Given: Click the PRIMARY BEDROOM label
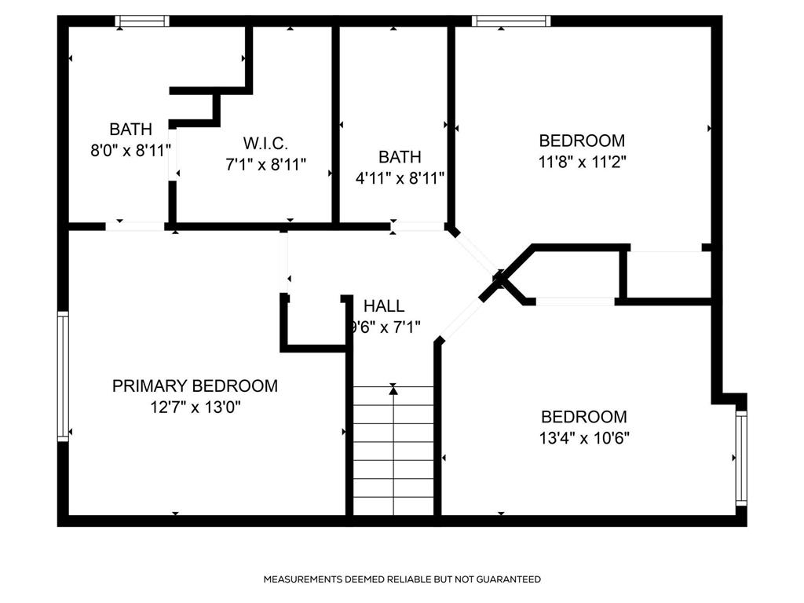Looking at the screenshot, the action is (x=195, y=386).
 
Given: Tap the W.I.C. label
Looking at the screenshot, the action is (x=265, y=143).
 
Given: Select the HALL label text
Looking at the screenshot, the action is (x=384, y=305).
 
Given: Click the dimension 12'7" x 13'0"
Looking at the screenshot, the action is (x=196, y=407).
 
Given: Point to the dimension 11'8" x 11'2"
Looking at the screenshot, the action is (x=582, y=162).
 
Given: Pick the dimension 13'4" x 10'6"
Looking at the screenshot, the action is (x=584, y=438).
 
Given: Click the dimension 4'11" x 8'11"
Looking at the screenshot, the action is (x=400, y=178).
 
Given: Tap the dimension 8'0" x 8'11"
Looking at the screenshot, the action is (x=131, y=151).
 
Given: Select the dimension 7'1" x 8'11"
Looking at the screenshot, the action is (x=265, y=165).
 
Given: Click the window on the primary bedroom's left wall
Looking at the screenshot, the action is (x=63, y=376).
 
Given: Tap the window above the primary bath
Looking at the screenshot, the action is (x=142, y=21).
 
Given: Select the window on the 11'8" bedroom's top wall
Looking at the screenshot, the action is (x=511, y=21).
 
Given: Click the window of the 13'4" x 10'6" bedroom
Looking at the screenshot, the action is (x=741, y=459).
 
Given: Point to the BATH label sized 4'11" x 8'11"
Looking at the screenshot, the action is (x=400, y=156).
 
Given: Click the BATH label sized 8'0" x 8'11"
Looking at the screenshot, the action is (x=131, y=129).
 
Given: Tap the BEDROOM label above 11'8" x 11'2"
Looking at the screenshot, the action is (x=582, y=141).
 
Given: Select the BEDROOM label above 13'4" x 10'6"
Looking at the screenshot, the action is (x=584, y=416).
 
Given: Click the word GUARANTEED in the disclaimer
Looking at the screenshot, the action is (x=509, y=579).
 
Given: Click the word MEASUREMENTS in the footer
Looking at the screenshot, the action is (x=302, y=579).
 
